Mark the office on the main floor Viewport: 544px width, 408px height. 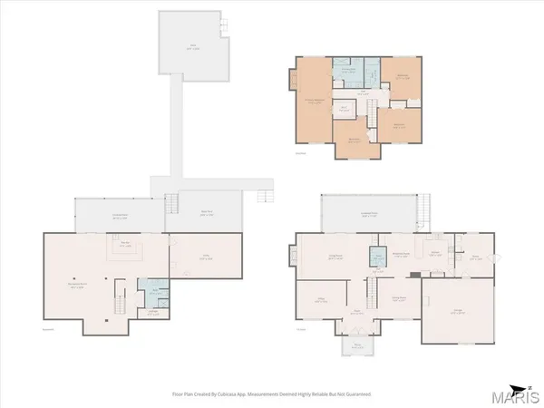pos(319,300)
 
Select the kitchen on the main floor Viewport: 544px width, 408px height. pos(436,256)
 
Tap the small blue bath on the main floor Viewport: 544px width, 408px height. pos(377,258)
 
